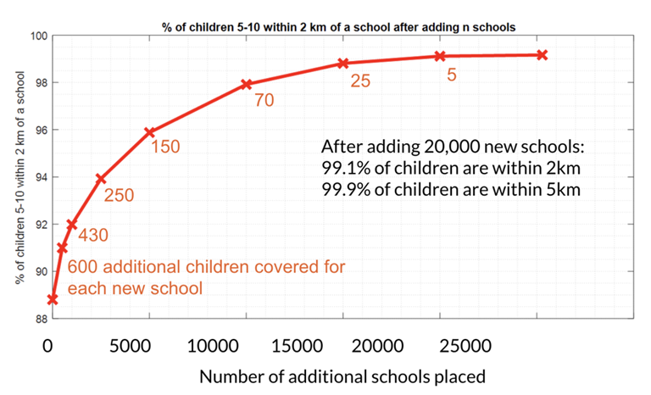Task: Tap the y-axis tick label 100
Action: tap(38, 36)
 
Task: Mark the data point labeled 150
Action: tap(150, 132)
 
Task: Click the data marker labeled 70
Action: tap(247, 84)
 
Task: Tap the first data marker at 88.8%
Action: tap(53, 299)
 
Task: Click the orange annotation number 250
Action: tap(119, 195)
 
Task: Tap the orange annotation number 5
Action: tap(452, 75)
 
